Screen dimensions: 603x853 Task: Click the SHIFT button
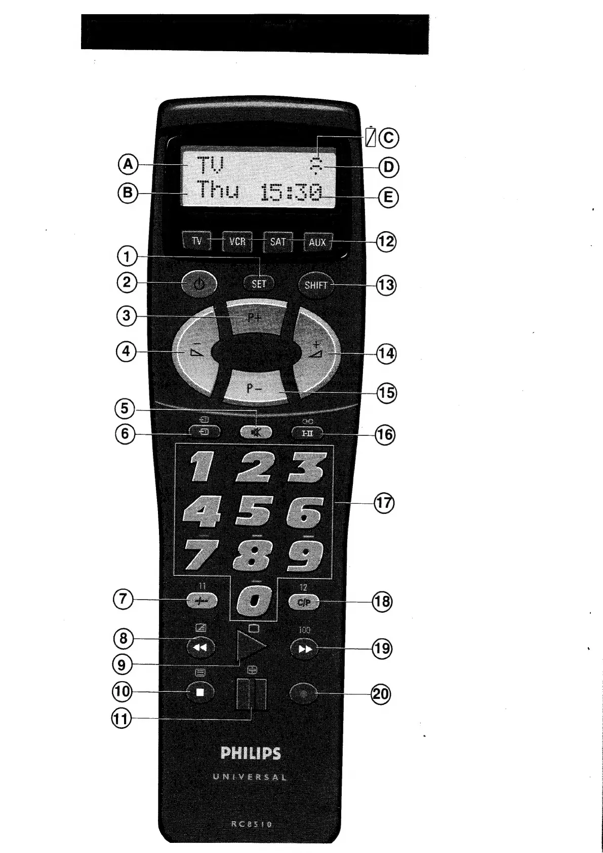tap(315, 285)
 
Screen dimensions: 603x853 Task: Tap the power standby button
tap(199, 284)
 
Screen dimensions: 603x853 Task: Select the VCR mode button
tap(237, 242)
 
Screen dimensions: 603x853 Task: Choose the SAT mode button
tap(277, 242)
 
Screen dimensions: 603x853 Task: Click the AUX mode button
tap(317, 242)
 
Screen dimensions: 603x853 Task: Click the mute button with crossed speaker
tap(257, 432)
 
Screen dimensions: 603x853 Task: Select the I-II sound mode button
tap(307, 433)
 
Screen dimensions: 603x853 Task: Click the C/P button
tap(304, 602)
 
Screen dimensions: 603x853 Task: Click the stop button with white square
tap(200, 692)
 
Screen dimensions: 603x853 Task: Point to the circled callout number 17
tap(384, 503)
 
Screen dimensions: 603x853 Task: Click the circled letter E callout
tap(388, 197)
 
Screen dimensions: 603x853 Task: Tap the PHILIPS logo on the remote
tap(251, 753)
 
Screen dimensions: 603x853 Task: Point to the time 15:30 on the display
tap(291, 193)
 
